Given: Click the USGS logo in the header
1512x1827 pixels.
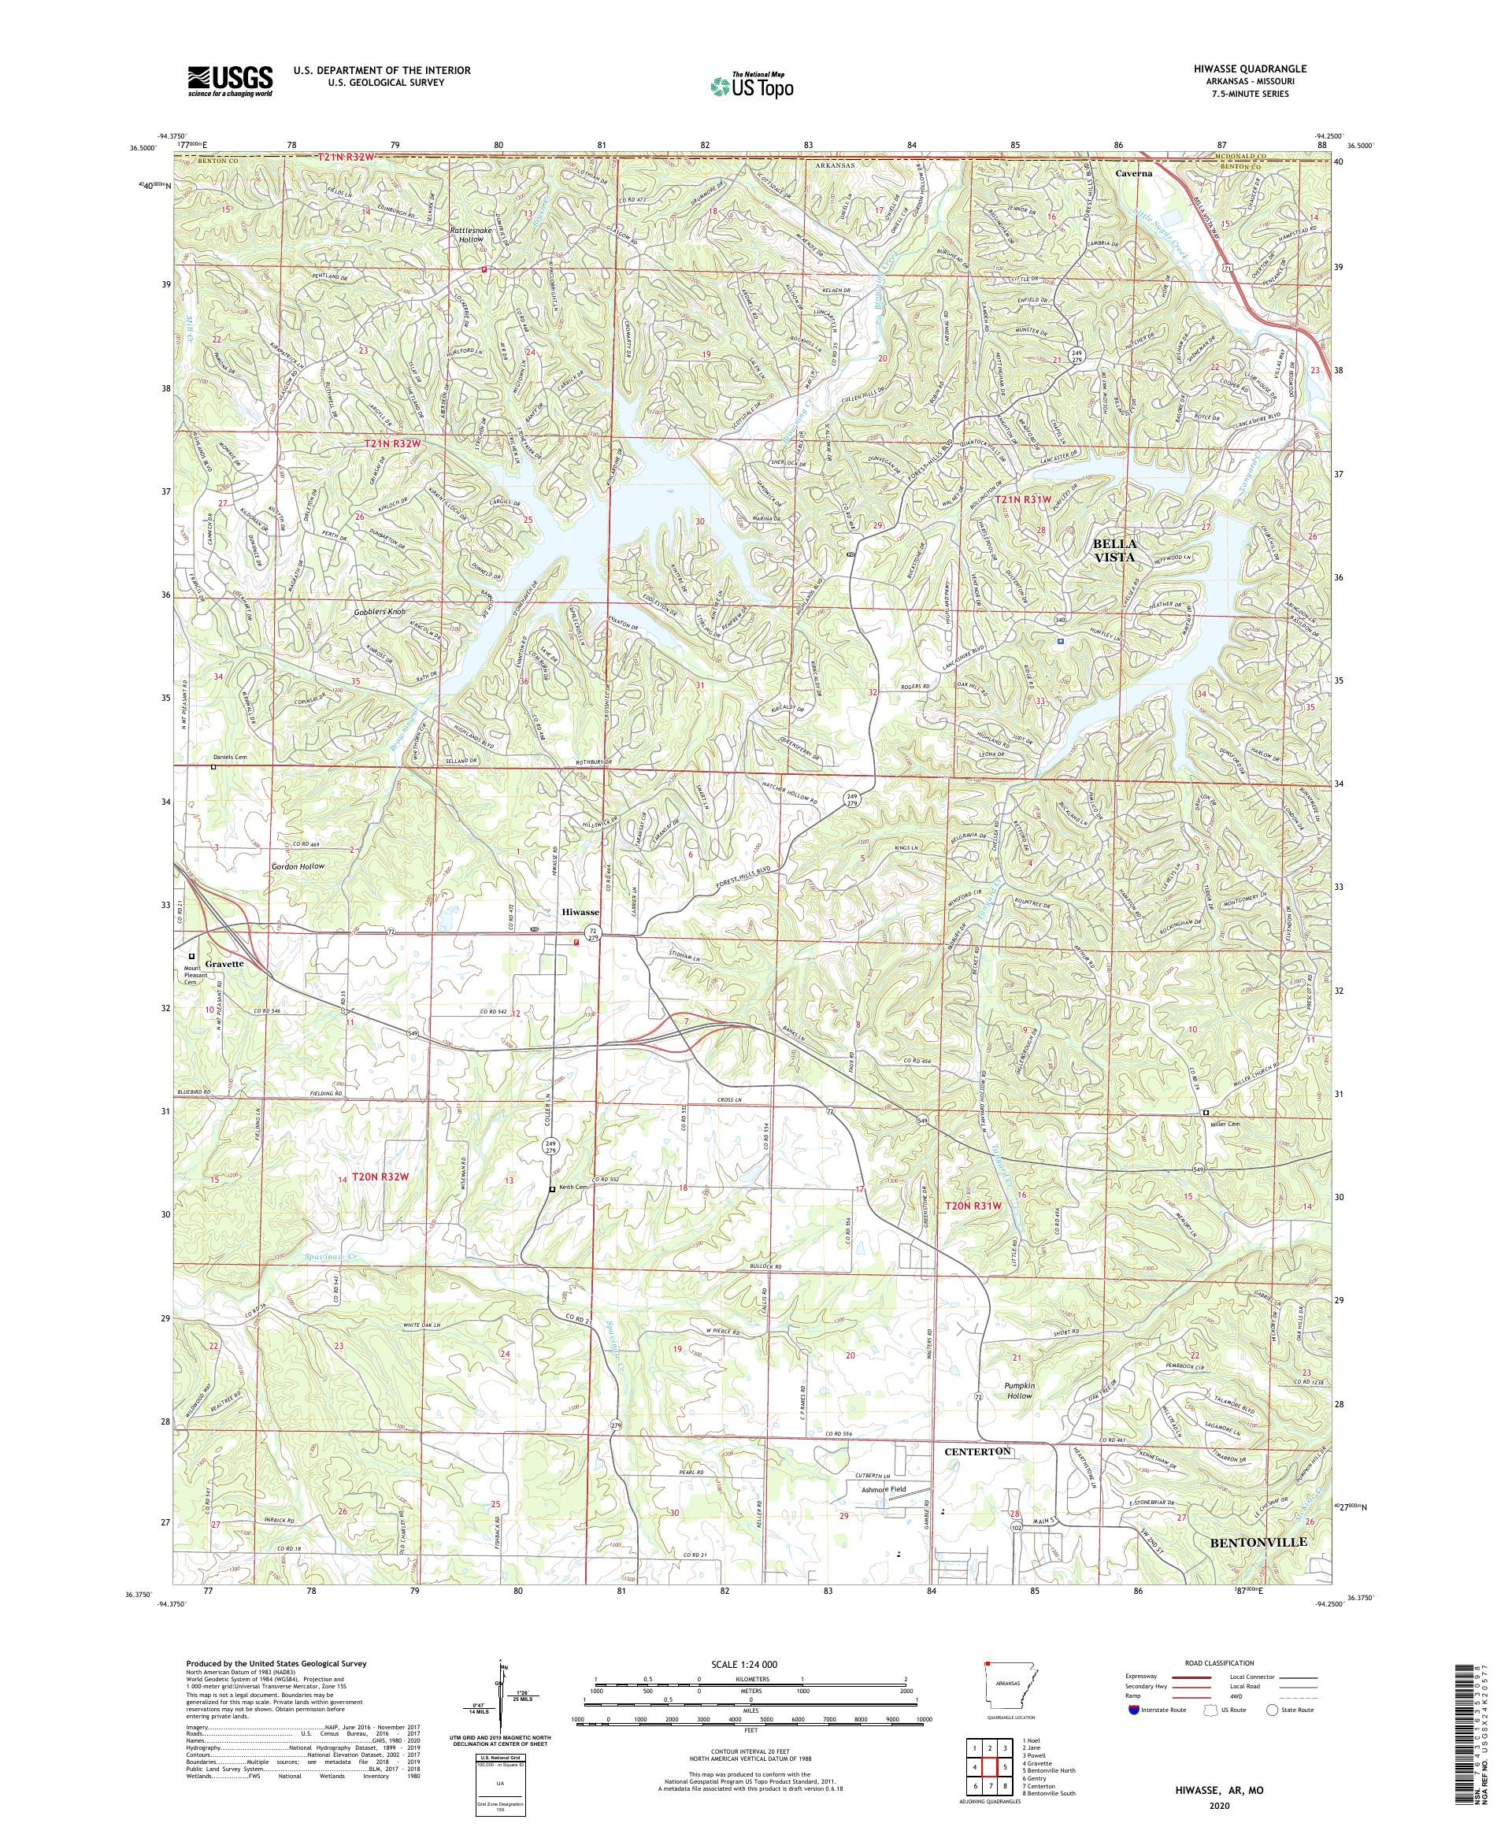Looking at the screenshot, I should click(x=230, y=81).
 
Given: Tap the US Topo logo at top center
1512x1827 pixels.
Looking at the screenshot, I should click(x=753, y=85).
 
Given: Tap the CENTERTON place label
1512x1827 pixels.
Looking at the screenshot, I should click(x=978, y=1452).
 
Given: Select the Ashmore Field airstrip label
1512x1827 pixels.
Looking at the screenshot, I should click(x=883, y=1489).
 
